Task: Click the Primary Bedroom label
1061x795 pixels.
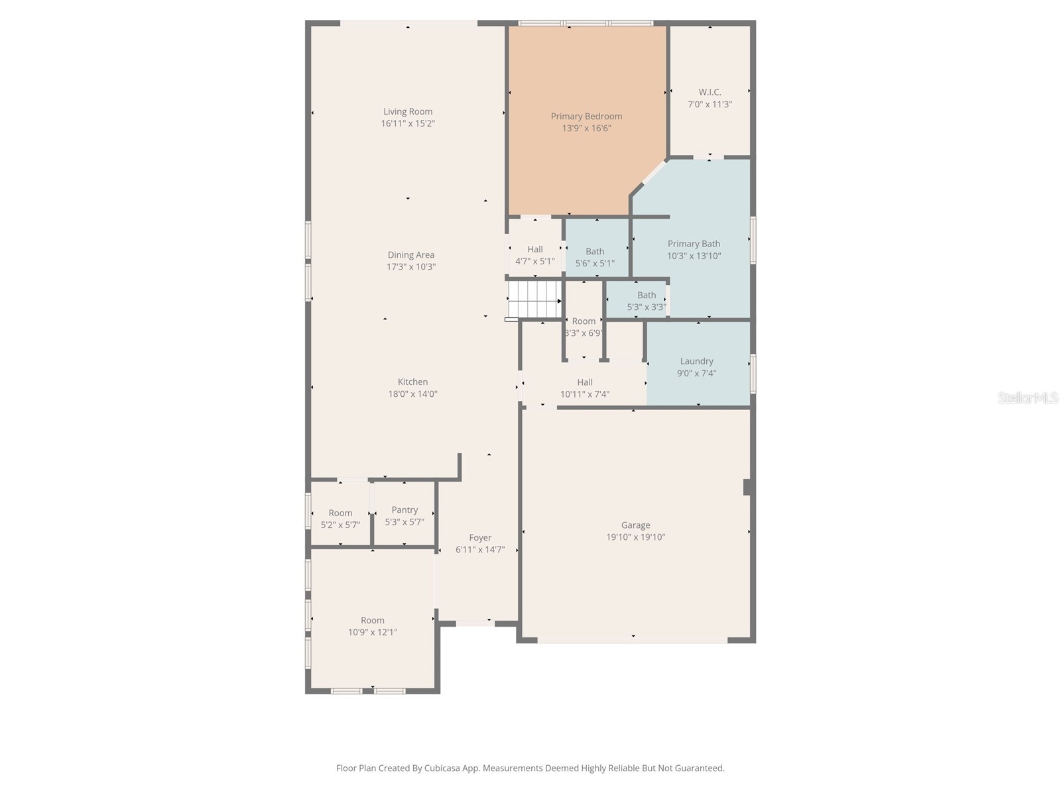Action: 586,117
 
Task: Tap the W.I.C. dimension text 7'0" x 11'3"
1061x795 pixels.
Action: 710,105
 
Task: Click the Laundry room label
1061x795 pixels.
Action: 696,361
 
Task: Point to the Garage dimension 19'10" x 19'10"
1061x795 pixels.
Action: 635,537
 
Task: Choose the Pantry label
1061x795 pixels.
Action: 405,509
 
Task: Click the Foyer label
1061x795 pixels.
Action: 480,538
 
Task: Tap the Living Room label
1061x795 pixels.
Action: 408,111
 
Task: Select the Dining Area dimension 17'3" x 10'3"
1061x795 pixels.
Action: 411,267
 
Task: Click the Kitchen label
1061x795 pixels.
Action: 412,382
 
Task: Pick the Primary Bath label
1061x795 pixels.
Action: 694,244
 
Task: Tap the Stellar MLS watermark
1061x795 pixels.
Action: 1028,397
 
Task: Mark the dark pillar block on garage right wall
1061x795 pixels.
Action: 747,487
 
